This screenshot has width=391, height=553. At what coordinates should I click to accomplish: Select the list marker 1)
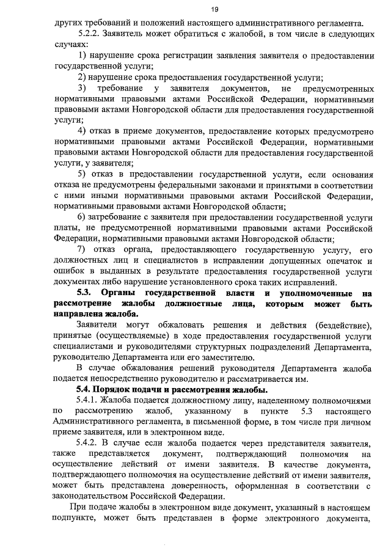point(84,56)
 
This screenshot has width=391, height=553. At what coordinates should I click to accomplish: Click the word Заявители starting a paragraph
point(101,324)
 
